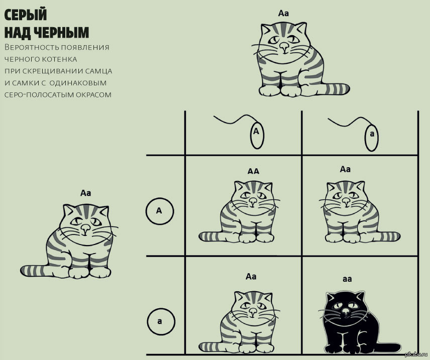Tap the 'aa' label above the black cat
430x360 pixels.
347,279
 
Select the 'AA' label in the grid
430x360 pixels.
253,171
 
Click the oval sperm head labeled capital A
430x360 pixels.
256,134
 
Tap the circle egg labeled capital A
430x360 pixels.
159,211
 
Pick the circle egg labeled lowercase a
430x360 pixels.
160,320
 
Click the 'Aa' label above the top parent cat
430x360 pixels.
283,13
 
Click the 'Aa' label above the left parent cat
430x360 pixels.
85,192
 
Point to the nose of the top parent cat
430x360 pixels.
284,47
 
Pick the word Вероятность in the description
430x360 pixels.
28,48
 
